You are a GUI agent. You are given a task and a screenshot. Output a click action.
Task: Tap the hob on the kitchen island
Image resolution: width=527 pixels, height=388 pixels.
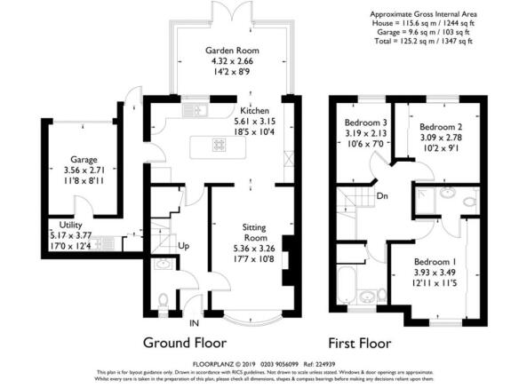tap(219, 145)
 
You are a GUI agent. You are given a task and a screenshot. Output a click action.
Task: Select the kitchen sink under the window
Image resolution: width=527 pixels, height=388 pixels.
tap(195, 111)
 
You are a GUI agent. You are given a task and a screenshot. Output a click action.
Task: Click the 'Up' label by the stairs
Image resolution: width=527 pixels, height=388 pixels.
tap(184, 244)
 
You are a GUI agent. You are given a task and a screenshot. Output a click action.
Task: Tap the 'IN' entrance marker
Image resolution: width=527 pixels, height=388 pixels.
tap(195, 323)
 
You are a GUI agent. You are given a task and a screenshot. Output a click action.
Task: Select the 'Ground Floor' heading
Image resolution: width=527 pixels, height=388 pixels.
tap(186, 342)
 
